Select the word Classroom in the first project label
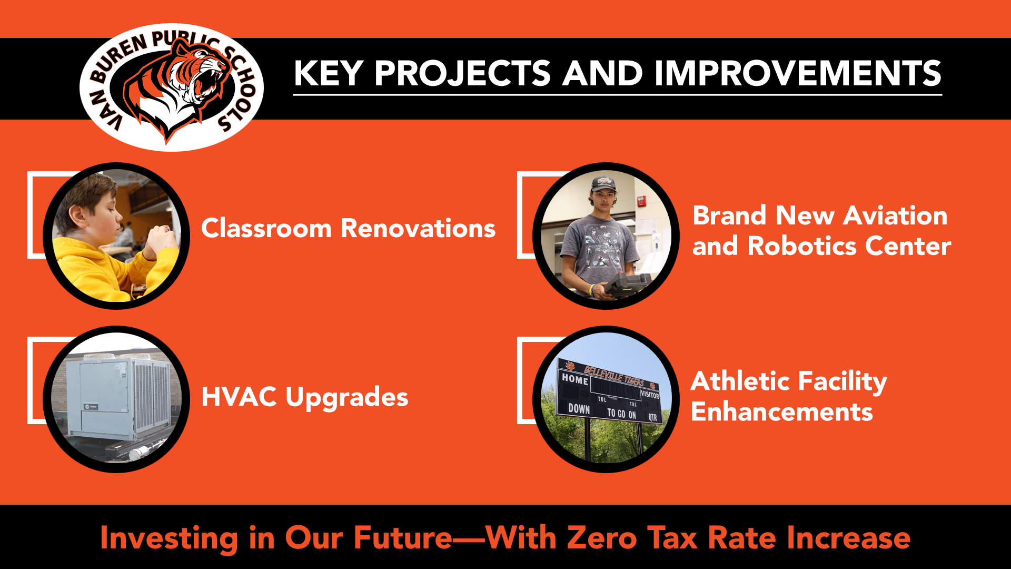(x=266, y=228)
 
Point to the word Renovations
(x=418, y=228)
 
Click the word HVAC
(x=239, y=397)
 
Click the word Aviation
(x=895, y=215)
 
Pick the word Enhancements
(x=782, y=412)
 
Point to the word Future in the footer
(x=403, y=538)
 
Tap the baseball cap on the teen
(x=603, y=184)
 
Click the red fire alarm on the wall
(x=642, y=201)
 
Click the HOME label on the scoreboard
(x=574, y=379)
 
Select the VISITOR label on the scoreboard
(x=650, y=395)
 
